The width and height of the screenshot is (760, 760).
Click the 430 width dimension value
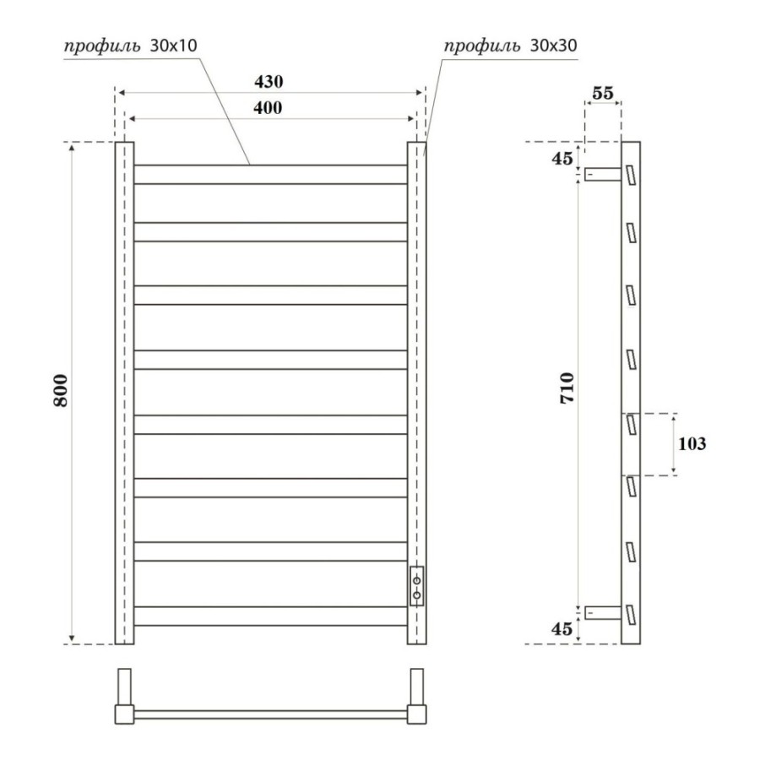point(269,81)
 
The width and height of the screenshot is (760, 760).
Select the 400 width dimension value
point(268,107)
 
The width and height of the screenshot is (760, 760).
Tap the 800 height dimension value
point(61,390)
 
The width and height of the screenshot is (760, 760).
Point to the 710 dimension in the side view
point(567,388)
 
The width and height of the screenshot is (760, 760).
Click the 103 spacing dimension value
point(692,443)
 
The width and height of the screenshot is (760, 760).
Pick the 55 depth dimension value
point(603,93)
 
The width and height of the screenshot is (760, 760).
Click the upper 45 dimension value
point(562,158)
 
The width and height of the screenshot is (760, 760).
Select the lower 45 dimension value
point(562,628)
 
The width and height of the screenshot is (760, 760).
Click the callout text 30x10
point(173,46)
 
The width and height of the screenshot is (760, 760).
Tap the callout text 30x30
point(553,46)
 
